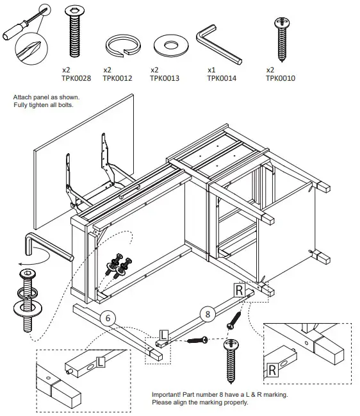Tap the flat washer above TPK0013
170,46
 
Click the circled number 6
109,317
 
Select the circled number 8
207,313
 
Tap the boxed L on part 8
163,334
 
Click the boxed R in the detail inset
272,369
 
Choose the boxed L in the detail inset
100,363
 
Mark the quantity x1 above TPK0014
211,70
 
